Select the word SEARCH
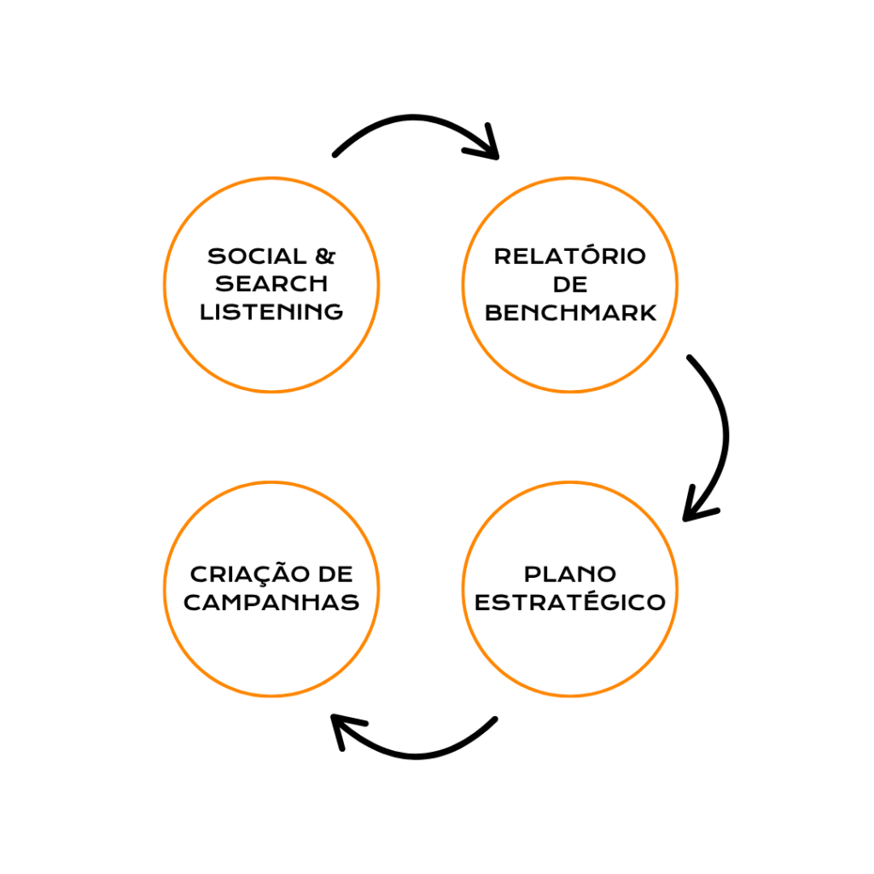point(271,283)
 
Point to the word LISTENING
point(271,312)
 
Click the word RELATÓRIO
point(570,256)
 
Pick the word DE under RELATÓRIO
point(570,284)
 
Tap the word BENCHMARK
point(570,312)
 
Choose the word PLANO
point(570,574)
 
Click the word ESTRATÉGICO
point(570,602)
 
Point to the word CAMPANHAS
point(271,602)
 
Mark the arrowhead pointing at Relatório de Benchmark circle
point(487,146)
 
